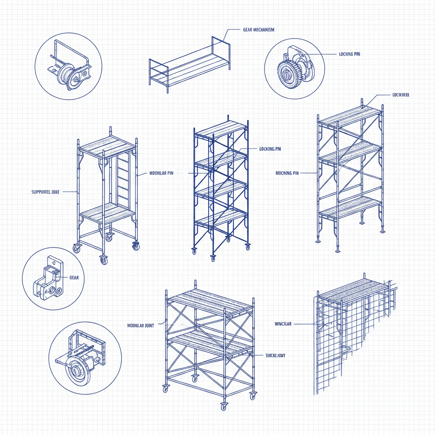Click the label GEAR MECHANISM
pos(258,30)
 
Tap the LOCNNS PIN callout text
pos(350,54)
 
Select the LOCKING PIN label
pos(270,149)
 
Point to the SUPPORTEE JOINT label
pos(46,192)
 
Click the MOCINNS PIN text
pos(287,173)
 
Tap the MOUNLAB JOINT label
pos(141,325)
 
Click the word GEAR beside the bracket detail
pos(73,277)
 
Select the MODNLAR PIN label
pos(161,173)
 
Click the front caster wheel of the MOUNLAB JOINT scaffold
pos(223,406)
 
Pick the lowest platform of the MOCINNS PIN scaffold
pos(349,207)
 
